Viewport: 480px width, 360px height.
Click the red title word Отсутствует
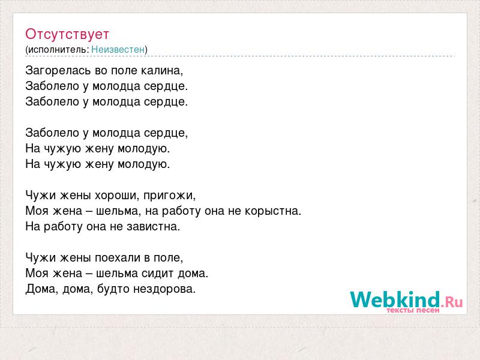(x=67, y=34)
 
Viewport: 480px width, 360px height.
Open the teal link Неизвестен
(x=118, y=49)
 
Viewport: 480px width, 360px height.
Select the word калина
(x=161, y=71)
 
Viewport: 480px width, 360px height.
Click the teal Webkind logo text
(x=395, y=299)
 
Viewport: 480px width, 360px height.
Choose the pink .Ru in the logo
(x=452, y=302)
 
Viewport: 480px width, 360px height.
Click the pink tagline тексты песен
(x=413, y=310)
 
